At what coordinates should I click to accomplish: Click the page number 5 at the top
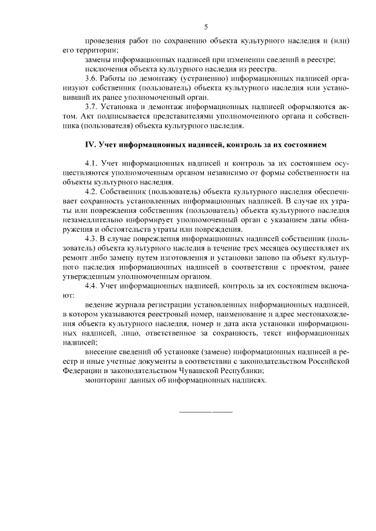click(x=206, y=26)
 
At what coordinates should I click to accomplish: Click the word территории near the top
click(x=96, y=50)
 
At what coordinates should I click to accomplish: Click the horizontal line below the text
click(x=206, y=411)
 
